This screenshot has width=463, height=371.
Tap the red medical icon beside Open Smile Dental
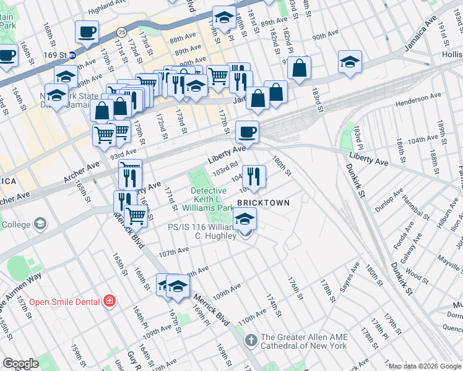110,301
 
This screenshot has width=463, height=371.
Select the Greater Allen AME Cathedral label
304,341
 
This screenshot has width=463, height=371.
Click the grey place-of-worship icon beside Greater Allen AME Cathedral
251,340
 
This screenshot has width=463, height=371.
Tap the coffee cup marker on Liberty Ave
248,131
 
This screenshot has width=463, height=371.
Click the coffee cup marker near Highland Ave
87,32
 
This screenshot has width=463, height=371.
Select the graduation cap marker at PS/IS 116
245,219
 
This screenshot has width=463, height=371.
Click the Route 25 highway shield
122,32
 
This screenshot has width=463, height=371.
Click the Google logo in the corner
20,364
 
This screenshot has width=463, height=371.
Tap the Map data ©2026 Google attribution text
425,366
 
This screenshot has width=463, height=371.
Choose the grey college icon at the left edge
40,223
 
